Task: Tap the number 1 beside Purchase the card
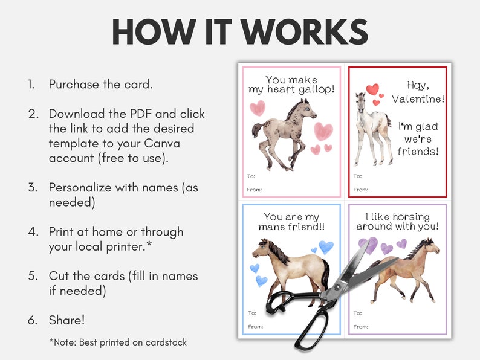point(30,84)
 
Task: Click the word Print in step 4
point(62,231)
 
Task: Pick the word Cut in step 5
point(59,275)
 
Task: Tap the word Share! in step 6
point(68,320)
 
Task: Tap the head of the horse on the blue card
point(262,247)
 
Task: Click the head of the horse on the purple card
point(429,246)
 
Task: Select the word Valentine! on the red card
point(417,98)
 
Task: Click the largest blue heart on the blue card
point(326,246)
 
